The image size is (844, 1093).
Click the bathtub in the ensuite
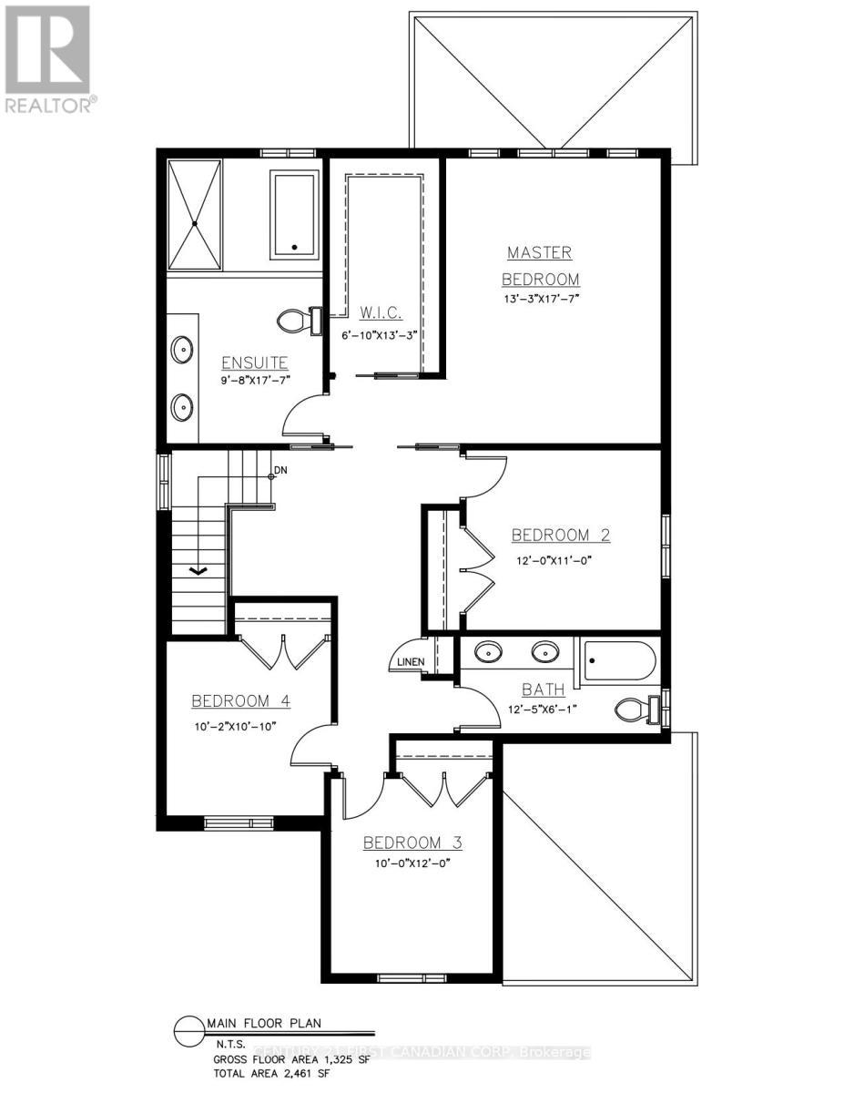click(294, 214)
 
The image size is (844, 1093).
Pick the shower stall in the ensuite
click(194, 214)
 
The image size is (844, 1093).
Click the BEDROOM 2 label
click(560, 535)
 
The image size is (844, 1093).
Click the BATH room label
click(544, 690)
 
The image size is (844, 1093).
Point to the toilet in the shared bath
click(636, 707)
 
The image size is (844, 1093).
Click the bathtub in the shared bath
click(619, 660)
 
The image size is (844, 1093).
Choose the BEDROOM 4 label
click(240, 700)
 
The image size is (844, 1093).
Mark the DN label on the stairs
click(280, 472)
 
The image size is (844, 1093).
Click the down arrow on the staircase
click(198, 570)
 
